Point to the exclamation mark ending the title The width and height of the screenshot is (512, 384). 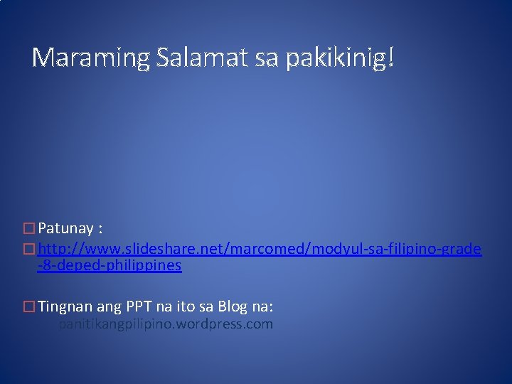[390, 59]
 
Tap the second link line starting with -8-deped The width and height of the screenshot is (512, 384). [110, 267]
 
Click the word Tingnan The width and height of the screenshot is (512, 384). [62, 306]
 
